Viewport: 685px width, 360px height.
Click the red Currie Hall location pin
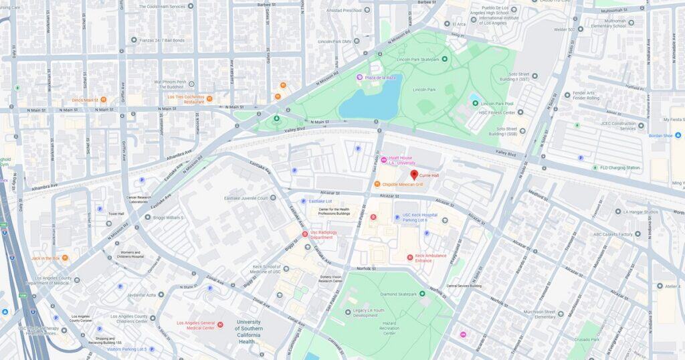414,175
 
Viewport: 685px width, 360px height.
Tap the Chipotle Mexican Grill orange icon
377,184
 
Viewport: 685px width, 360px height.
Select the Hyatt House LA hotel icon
383,161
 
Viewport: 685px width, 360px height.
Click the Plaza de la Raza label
379,78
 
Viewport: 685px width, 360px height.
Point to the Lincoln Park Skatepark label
418,60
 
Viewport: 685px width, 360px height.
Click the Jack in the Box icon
65,258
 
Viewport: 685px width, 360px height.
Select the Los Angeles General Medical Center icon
220,325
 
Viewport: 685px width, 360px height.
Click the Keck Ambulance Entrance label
431,257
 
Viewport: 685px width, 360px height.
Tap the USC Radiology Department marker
306,234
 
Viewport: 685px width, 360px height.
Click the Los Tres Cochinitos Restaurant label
185,99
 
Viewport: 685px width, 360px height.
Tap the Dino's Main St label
84,100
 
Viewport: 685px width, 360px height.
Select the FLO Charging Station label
619,167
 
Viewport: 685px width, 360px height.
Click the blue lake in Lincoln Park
370,104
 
